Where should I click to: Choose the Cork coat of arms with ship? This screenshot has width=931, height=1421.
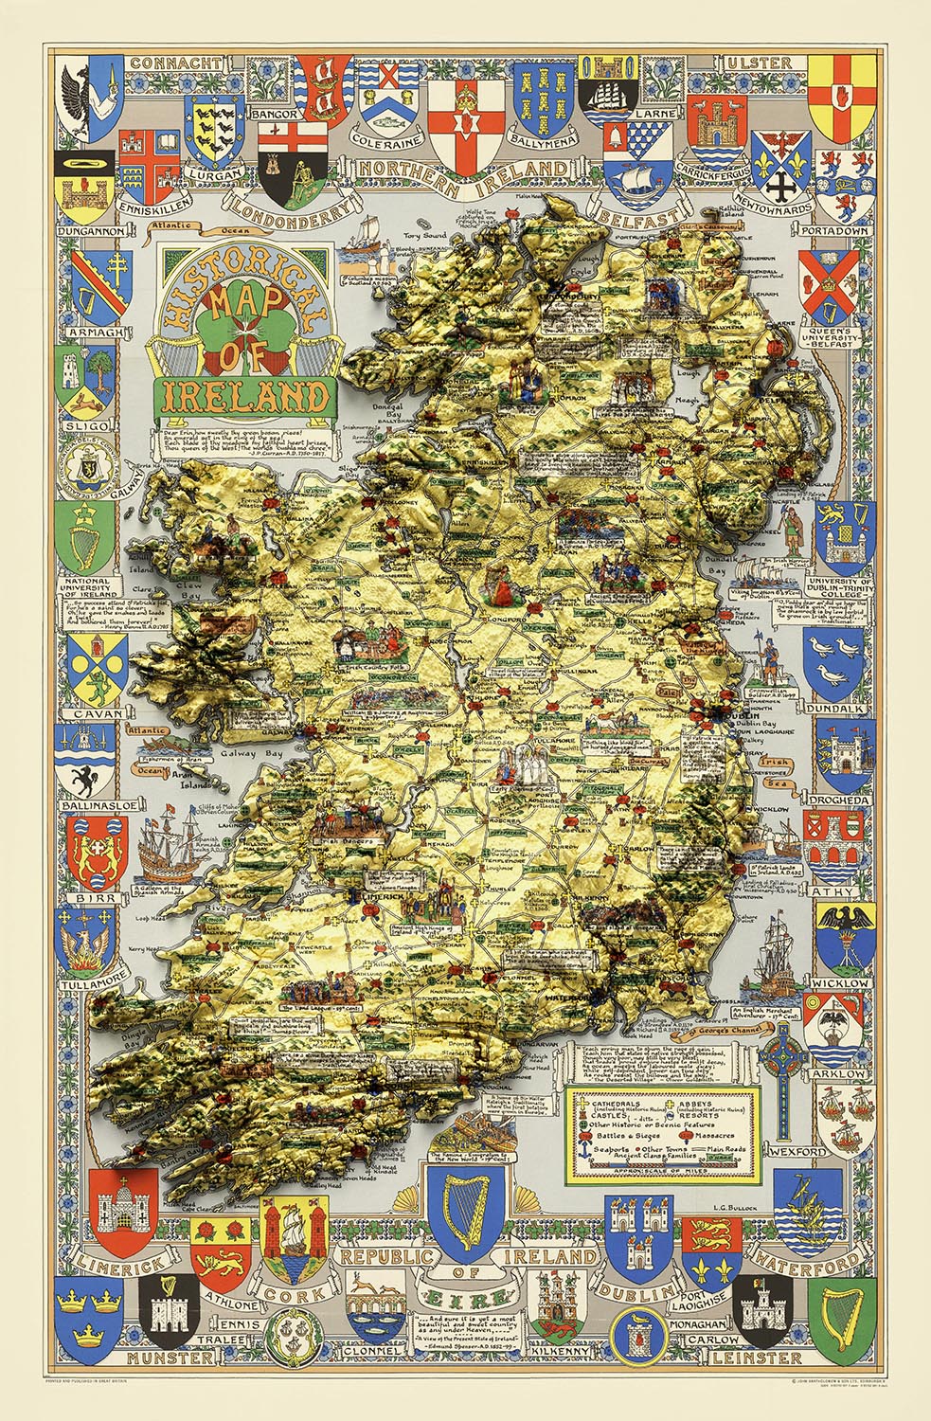point(296,1238)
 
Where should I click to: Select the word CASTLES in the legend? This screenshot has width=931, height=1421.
point(612,1116)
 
